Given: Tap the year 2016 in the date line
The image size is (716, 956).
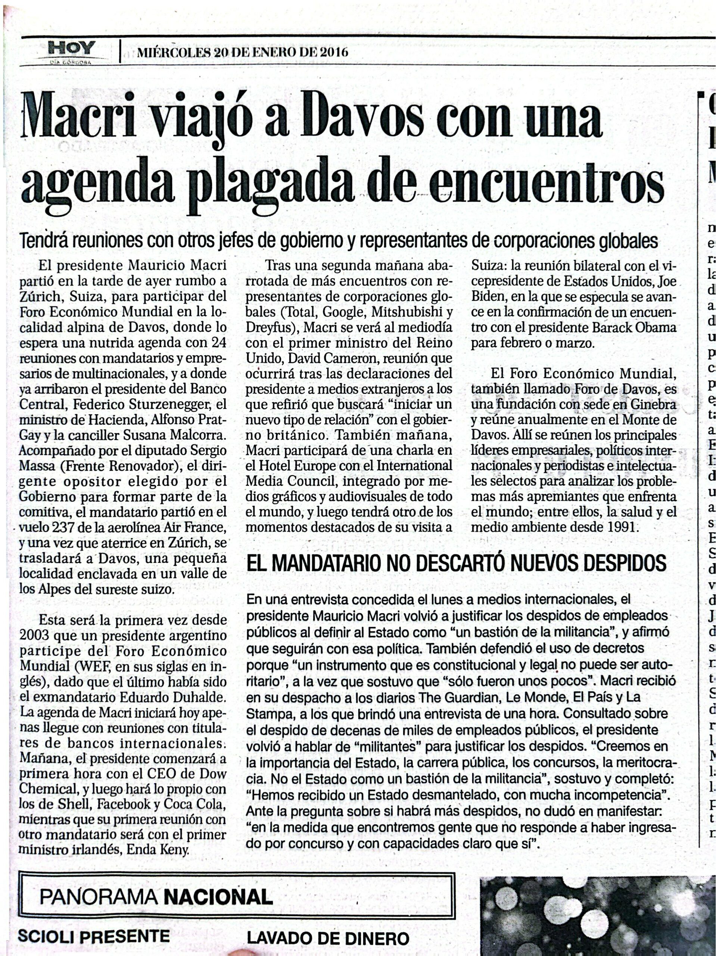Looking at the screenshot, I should tap(332, 53).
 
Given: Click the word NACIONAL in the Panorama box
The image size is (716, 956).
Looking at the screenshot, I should tap(218, 898).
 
